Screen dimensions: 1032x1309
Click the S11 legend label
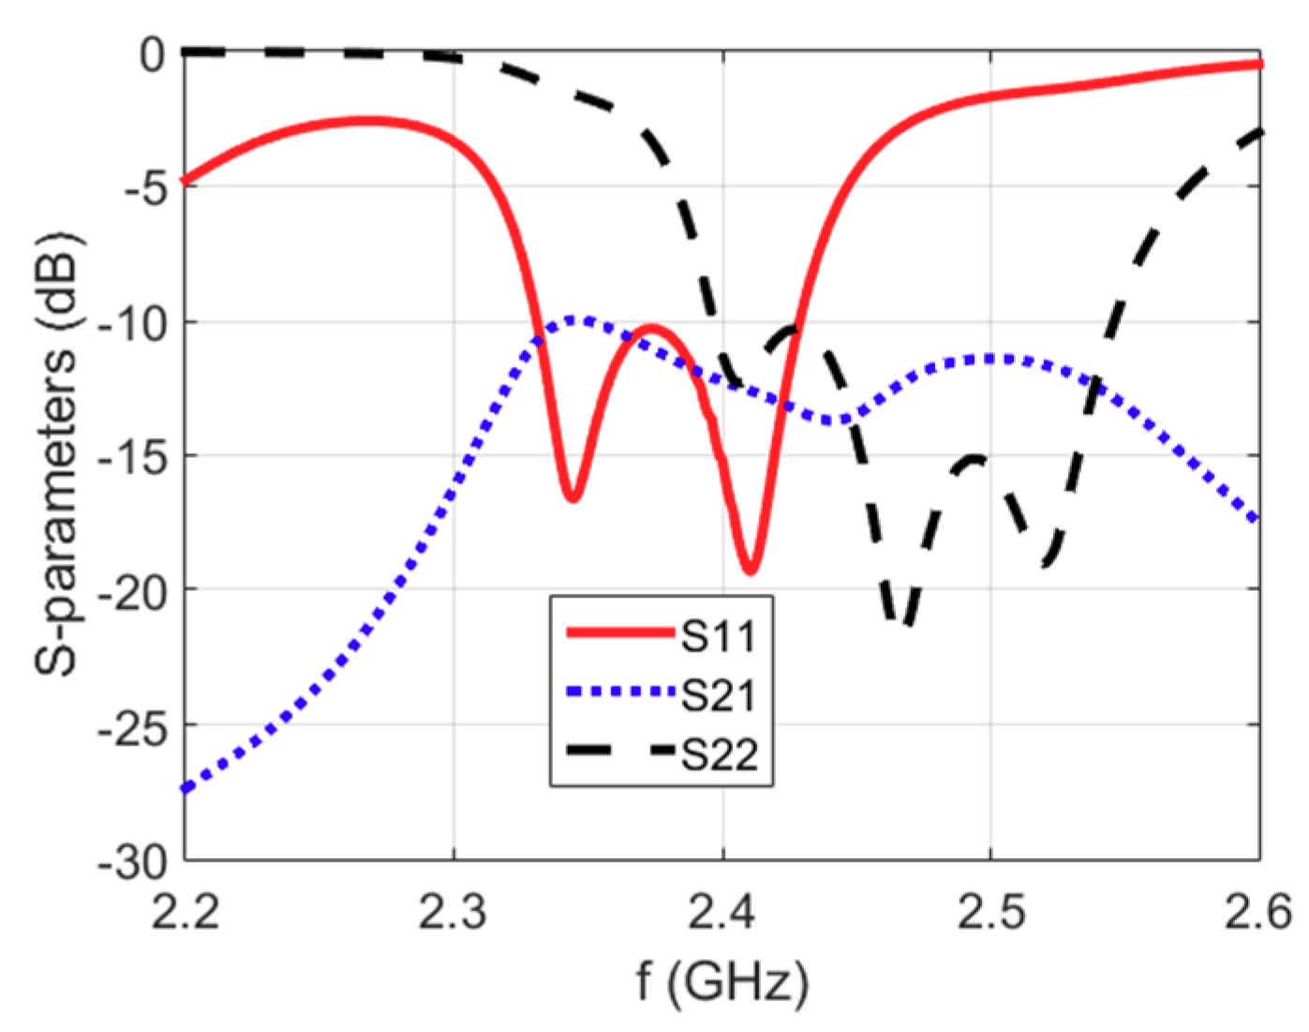coord(718,637)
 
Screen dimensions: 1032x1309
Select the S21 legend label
coord(718,696)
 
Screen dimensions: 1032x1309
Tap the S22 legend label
coord(719,755)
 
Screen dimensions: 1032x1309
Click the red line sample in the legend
coord(620,634)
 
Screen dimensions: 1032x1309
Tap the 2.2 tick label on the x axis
coord(186,911)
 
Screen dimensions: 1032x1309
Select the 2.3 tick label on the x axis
coord(454,911)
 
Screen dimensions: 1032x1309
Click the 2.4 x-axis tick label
coord(722,911)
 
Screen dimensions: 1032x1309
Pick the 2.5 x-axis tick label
coord(990,911)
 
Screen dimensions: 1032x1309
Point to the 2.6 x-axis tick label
coord(1258,911)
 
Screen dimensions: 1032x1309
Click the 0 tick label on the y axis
coord(152,55)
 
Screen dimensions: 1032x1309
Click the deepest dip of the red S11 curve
coord(750,570)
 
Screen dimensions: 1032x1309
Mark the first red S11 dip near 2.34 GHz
coord(572,497)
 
